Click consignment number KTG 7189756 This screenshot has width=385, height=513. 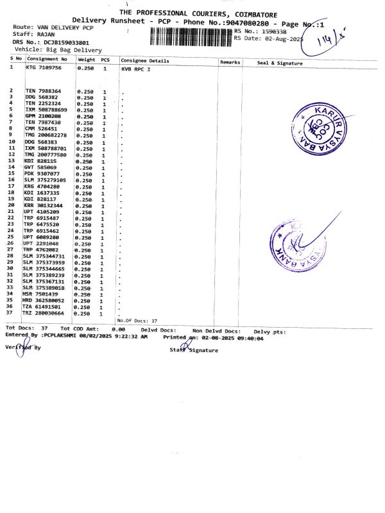44,67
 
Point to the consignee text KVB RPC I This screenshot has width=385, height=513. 135,67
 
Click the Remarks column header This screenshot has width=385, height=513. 230,62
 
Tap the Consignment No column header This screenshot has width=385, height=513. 47,59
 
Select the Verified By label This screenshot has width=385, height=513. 23,348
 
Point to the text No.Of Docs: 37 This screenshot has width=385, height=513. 137,320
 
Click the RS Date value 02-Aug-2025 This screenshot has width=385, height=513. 280,38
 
